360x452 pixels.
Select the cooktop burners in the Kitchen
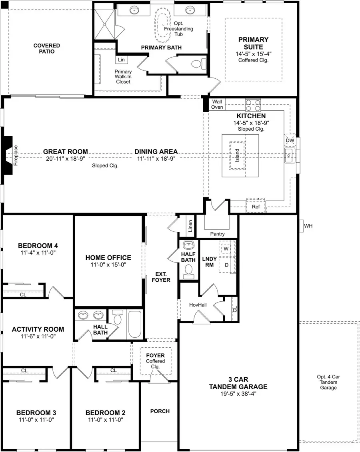[253, 105]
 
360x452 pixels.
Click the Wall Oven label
[218, 105]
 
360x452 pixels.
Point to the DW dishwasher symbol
[290, 140]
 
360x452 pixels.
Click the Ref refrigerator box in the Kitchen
[256, 207]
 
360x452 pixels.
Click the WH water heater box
[308, 226]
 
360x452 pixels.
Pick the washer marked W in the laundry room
[226, 249]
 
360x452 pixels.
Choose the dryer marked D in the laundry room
[226, 265]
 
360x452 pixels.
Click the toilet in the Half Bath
[188, 273]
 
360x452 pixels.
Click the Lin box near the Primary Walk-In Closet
[121, 60]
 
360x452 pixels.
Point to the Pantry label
[217, 234]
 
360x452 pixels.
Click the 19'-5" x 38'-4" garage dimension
[238, 394]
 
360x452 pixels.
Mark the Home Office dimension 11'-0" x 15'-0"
[110, 265]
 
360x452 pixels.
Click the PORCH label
[160, 411]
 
